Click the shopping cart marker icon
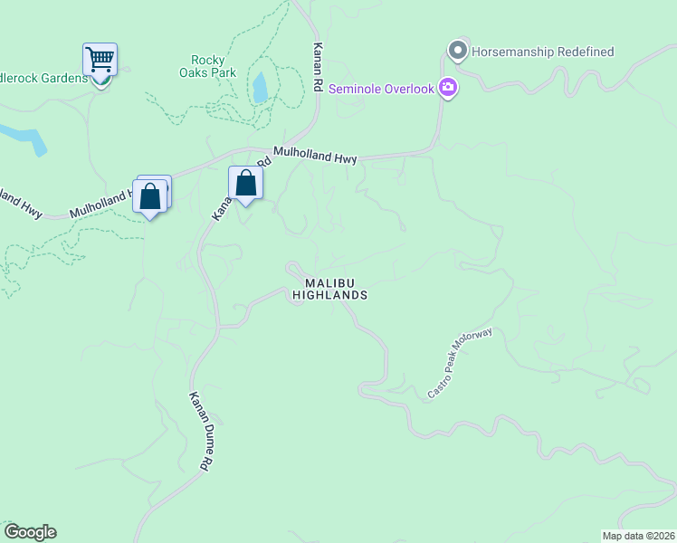100,60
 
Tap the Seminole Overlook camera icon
447,88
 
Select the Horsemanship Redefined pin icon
458,51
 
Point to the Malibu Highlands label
330,289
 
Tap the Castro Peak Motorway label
460,364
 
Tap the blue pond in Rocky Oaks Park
261,87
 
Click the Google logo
30,532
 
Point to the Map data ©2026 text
638,536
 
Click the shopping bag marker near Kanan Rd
245,183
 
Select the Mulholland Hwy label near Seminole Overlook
316,157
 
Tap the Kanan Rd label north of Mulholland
318,69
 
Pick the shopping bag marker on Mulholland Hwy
151,195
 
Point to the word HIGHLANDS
330,295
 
